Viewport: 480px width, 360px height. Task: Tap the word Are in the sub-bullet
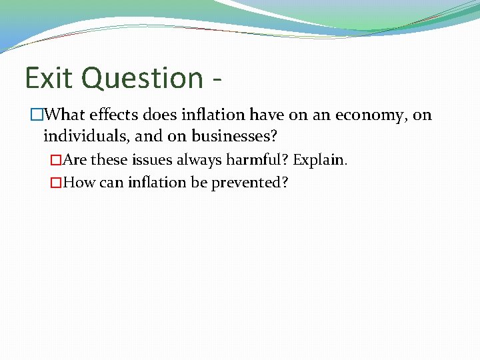pyautogui.click(x=75, y=161)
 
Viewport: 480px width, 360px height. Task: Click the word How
pyautogui.click(x=79, y=183)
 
